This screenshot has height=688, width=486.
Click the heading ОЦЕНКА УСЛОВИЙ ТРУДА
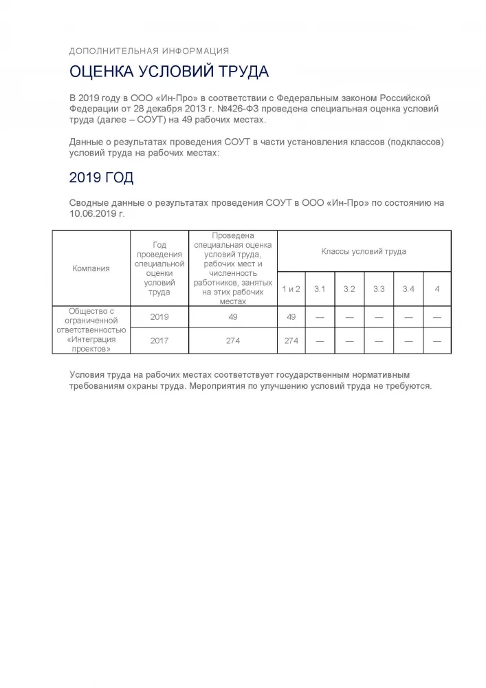(168, 72)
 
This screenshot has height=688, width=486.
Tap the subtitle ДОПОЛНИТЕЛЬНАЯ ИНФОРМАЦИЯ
(149, 51)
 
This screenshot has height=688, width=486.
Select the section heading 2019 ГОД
(101, 178)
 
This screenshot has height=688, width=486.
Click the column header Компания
(91, 268)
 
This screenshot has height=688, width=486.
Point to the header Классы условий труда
(363, 251)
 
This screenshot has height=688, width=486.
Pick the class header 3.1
(319, 289)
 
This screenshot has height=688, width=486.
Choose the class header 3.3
(379, 289)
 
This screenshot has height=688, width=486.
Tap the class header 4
(437, 289)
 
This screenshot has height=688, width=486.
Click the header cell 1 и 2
(291, 289)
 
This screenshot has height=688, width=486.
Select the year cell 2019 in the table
(159, 316)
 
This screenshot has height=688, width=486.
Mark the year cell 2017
(159, 341)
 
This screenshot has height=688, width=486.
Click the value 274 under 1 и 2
(291, 341)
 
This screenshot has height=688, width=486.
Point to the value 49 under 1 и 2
(291, 316)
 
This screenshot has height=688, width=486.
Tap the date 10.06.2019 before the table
(93, 214)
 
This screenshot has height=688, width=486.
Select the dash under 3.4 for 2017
(408, 341)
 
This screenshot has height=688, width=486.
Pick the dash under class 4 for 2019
(437, 316)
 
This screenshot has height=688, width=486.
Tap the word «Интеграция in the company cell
(91, 339)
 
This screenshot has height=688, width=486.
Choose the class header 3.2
(349, 289)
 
